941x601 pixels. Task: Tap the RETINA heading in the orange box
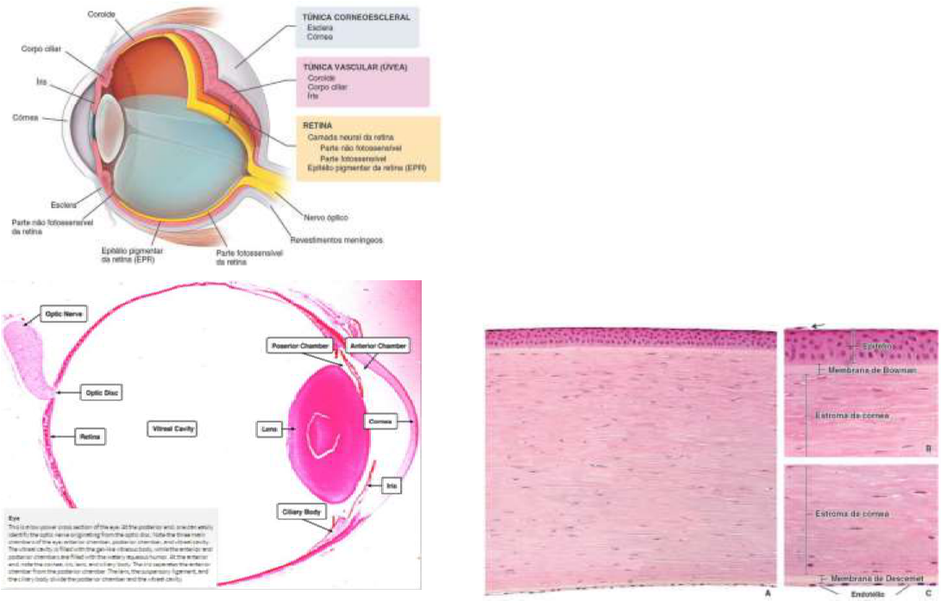click(x=316, y=125)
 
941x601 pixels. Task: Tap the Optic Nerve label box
click(x=64, y=316)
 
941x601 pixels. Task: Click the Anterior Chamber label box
click(x=376, y=345)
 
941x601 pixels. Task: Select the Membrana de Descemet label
click(x=874, y=577)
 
